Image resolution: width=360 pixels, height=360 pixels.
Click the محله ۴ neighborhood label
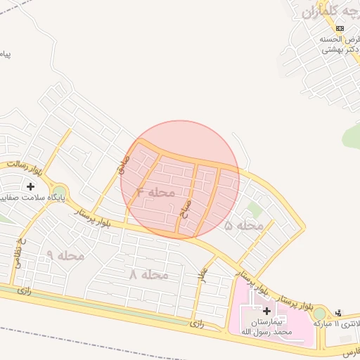tap(155, 191)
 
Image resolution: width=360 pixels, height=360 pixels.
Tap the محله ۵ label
tap(244, 225)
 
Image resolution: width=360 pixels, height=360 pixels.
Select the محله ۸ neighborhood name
tap(148, 274)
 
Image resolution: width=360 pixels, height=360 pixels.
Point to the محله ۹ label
tap(65, 255)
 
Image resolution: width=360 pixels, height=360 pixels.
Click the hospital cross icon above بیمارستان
tap(266, 310)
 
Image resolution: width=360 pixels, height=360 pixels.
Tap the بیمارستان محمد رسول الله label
tap(266, 326)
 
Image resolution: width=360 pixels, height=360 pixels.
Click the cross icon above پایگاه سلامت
tap(30, 186)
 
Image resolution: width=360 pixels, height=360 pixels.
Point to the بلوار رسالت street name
tap(25, 167)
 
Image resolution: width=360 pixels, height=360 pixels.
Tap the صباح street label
tap(186, 209)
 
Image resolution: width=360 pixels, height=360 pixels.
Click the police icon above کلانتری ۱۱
tap(340, 313)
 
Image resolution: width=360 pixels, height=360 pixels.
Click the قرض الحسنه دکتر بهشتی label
tap(338, 44)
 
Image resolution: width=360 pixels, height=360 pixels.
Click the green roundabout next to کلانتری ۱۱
tap(320, 314)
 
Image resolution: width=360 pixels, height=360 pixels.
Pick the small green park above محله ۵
tap(255, 210)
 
